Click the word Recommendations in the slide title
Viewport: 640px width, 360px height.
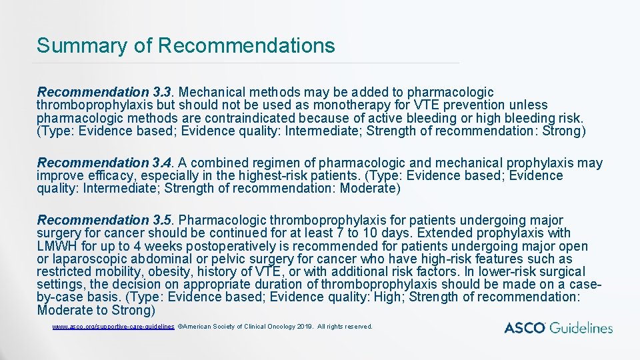coord(247,45)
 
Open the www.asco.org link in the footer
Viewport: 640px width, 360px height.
coord(113,327)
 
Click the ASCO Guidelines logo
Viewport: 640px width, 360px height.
coord(558,327)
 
